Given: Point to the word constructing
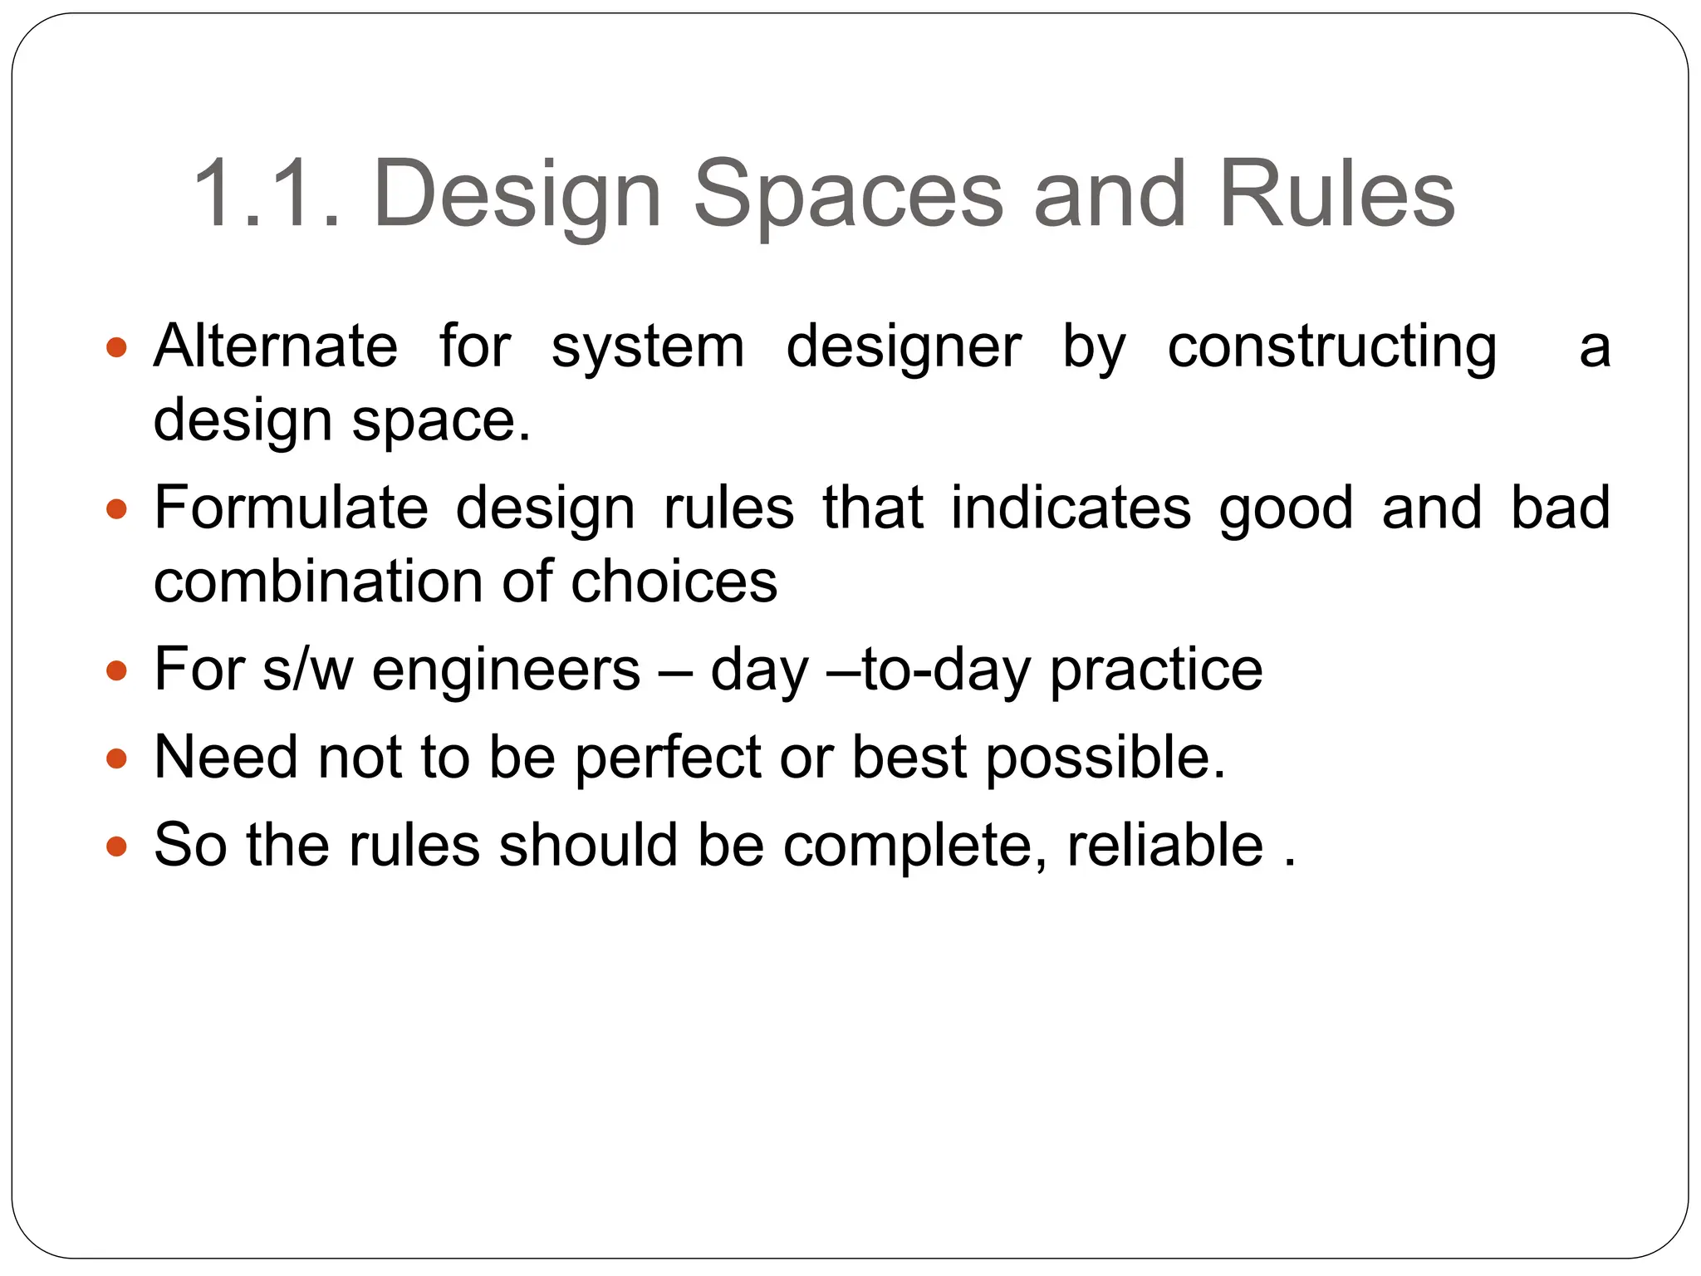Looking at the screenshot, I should tap(1332, 347).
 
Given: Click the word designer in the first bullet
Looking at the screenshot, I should tap(904, 347).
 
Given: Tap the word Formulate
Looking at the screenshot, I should tap(292, 508).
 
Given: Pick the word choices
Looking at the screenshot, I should tap(674, 581).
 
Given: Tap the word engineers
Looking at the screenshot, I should tap(506, 670).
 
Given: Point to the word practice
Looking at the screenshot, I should tap(1155, 670).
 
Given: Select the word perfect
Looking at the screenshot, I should tap(669, 757).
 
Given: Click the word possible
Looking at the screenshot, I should tap(1105, 758).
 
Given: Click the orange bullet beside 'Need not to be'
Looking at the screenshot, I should tap(117, 758).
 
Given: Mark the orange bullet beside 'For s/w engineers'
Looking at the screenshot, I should tap(117, 670).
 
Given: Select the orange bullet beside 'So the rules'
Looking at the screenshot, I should tap(117, 846).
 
